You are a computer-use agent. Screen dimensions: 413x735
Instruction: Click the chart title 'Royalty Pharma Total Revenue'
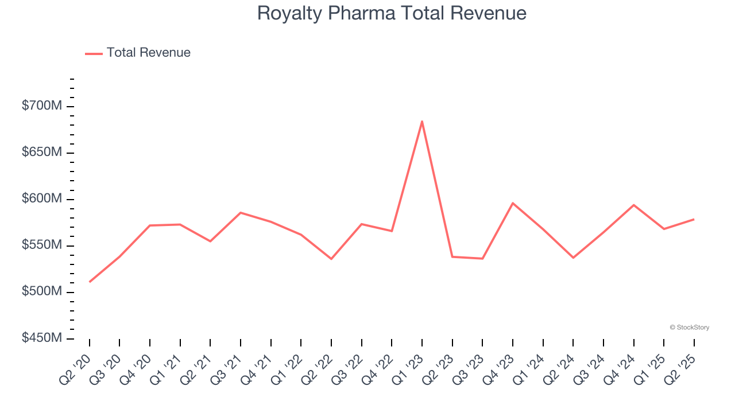pyautogui.click(x=392, y=13)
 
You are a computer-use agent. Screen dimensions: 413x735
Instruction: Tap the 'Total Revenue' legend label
pyautogui.click(x=148, y=53)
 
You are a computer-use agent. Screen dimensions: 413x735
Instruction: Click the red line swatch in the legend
pyautogui.click(x=94, y=53)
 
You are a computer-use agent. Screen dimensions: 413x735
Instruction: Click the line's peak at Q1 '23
pyautogui.click(x=422, y=121)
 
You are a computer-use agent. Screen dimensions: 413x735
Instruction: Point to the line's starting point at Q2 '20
pyautogui.click(x=90, y=282)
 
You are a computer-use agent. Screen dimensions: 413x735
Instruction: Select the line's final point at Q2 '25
pyautogui.click(x=694, y=219)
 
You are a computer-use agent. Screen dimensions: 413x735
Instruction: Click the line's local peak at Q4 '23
pyautogui.click(x=513, y=203)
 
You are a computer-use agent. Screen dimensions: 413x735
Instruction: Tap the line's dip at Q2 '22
pyautogui.click(x=331, y=259)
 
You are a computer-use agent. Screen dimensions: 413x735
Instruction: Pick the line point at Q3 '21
pyautogui.click(x=241, y=213)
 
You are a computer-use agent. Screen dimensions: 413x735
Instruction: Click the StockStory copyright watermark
pyautogui.click(x=689, y=328)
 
